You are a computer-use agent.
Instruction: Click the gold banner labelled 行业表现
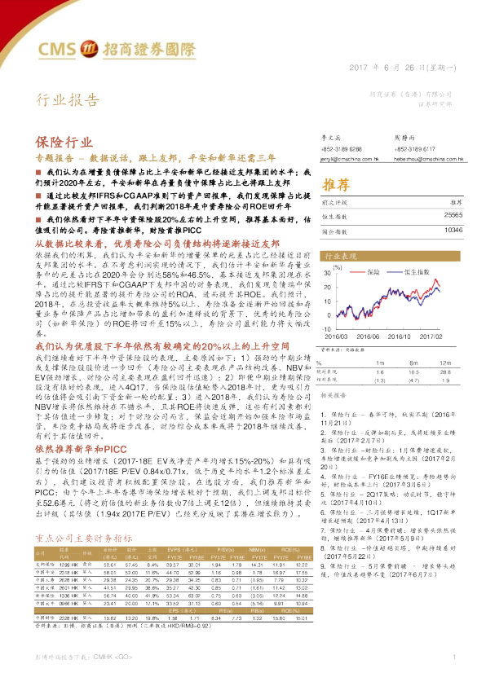click(x=342, y=255)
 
